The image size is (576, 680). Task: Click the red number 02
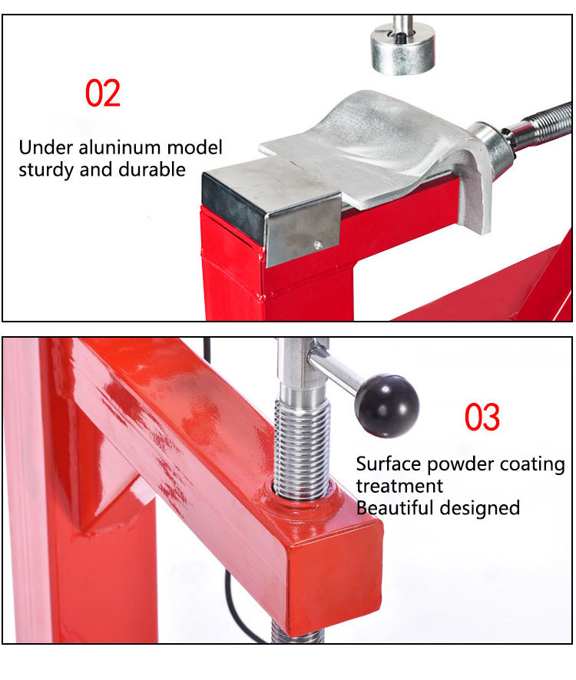(102, 93)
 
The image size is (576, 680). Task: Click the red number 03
(482, 417)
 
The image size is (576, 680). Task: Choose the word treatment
(399, 486)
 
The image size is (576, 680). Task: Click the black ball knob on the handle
(387, 405)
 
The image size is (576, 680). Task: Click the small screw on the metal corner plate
(318, 246)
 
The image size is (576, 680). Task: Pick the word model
(195, 147)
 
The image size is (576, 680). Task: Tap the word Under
(46, 147)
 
